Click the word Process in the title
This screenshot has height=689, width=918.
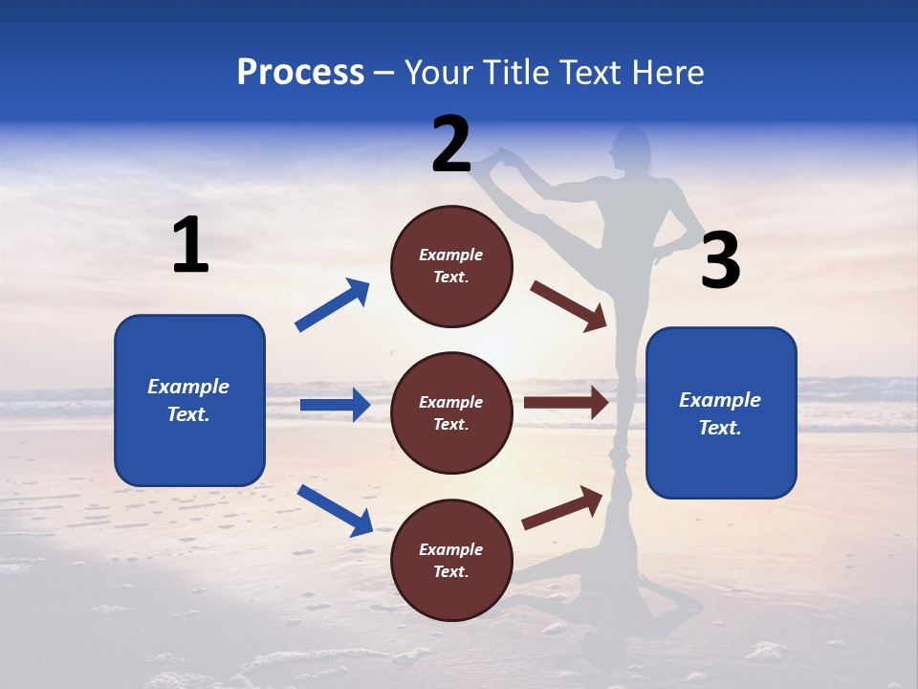(300, 73)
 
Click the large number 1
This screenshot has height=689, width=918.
(190, 246)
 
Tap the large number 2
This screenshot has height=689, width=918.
(451, 144)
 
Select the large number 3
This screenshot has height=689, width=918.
(720, 261)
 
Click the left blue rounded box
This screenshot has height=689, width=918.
(189, 400)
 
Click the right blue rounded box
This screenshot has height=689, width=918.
(721, 412)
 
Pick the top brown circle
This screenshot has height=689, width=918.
(451, 266)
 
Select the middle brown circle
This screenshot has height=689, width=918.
(451, 412)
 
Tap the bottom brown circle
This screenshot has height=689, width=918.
(451, 560)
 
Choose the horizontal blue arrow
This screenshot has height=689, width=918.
(335, 405)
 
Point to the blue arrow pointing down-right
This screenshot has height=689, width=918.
(335, 510)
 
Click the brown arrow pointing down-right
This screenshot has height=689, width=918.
(568, 305)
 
